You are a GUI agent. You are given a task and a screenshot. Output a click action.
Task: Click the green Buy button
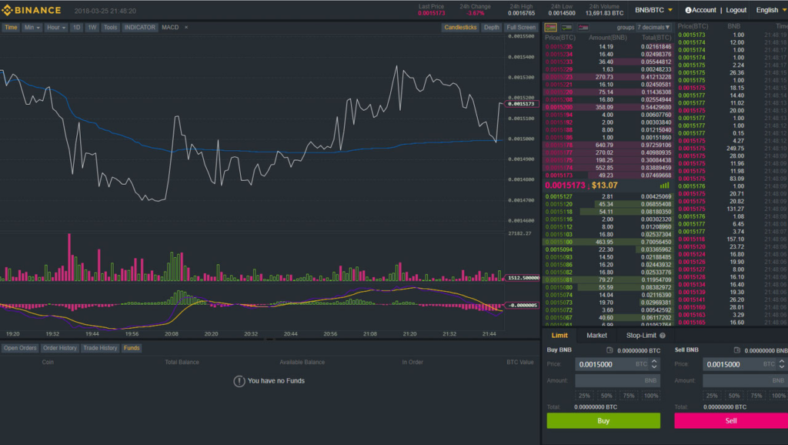click(603, 420)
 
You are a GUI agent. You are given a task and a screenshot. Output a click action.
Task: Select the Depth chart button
click(491, 28)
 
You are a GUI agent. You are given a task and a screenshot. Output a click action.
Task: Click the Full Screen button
click(521, 28)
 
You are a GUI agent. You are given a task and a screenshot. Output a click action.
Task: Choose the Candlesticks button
click(460, 28)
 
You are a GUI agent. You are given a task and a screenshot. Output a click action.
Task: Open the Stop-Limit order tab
click(641, 336)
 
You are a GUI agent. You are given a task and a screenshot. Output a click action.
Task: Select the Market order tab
click(596, 336)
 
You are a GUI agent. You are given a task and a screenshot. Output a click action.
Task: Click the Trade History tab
click(101, 348)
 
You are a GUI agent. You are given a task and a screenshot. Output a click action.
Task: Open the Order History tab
click(60, 348)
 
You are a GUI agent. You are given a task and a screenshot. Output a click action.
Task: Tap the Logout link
click(736, 10)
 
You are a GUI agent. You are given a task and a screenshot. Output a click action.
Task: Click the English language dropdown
click(770, 10)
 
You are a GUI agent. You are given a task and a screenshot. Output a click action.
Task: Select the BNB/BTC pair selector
click(653, 10)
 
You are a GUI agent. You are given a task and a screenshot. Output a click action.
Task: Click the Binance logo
click(32, 10)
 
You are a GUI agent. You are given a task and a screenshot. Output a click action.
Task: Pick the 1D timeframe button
click(76, 28)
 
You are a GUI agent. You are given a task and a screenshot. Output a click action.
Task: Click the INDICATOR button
click(140, 28)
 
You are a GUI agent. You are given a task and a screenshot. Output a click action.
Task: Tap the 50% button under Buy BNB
click(607, 396)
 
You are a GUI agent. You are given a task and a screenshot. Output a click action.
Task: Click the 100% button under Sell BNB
click(779, 396)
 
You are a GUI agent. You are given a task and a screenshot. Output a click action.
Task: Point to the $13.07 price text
click(605, 185)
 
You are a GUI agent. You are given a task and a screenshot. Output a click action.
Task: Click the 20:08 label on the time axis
click(172, 334)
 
